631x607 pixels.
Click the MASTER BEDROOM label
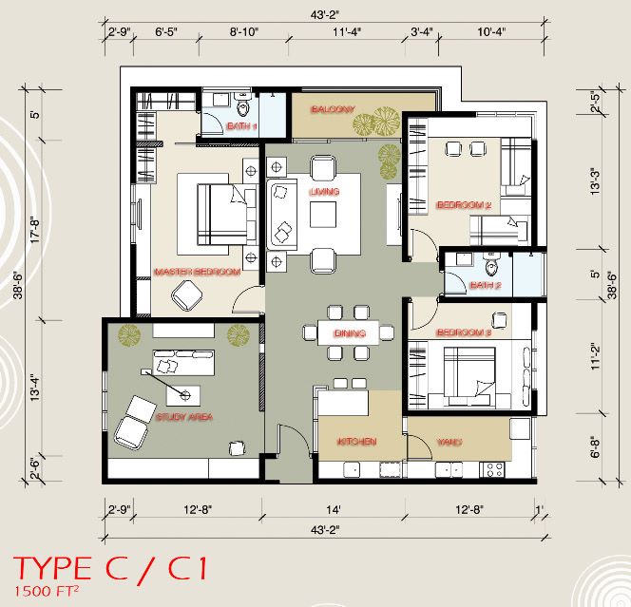coord(198,272)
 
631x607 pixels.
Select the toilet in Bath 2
coord(491,263)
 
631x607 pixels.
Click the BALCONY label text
coord(333,109)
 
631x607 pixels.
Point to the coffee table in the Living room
coord(323,215)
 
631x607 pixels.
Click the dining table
coord(349,332)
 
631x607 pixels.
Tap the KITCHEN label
coord(356,442)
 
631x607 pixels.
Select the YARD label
coord(449,442)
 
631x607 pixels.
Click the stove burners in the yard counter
coord(494,469)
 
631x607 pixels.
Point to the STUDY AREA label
coord(184,417)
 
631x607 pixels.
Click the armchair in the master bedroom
coord(187,295)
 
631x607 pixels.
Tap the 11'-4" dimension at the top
coord(347,31)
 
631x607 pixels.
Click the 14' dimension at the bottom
coord(334,510)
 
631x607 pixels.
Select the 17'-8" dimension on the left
coord(35,231)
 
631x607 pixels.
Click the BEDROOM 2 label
coord(464,205)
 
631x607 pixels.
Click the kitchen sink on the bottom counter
coord(352,469)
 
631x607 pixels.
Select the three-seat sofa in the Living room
coord(282,215)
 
